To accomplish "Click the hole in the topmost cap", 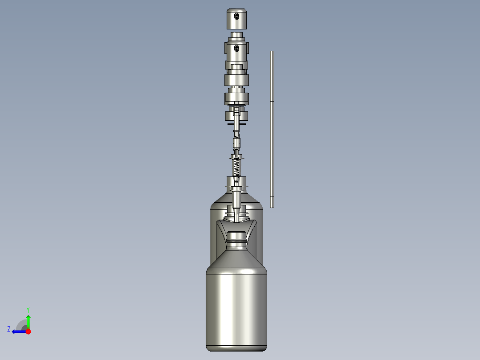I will tap(236, 16).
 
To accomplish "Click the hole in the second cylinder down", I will tap(236, 48).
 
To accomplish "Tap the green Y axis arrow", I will tap(28, 320).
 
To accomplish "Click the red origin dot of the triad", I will tap(28, 331).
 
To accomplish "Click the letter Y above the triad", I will tap(28, 309).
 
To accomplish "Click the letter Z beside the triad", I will tap(9, 329).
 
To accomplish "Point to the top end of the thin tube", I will tap(272, 52).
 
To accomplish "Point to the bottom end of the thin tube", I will tap(272, 206).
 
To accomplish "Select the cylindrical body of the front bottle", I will tap(236, 307).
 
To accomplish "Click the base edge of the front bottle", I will tap(236, 348).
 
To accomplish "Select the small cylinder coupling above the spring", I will tap(236, 143).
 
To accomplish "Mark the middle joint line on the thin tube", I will tap(272, 102).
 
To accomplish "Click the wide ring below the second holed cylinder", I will tap(236, 79).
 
